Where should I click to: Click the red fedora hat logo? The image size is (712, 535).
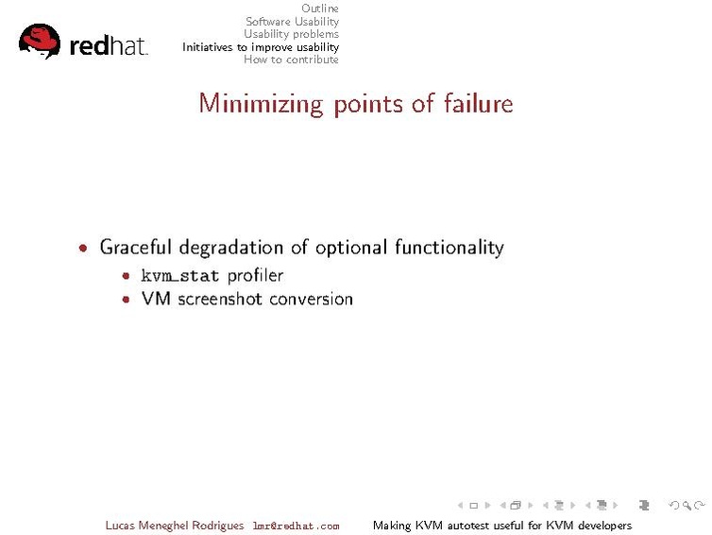(40, 41)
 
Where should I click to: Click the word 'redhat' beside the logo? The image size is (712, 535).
(109, 45)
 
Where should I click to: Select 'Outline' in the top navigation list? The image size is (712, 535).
(320, 9)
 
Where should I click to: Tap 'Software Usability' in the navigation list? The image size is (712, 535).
(292, 22)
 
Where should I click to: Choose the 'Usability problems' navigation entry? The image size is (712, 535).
(291, 34)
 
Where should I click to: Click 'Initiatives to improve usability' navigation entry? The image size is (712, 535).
(261, 47)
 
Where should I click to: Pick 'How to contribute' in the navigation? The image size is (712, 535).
(291, 60)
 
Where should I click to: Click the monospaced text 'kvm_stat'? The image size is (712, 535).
(180, 276)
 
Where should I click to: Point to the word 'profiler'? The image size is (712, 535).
(255, 276)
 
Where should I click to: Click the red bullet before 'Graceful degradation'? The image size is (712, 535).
(86, 249)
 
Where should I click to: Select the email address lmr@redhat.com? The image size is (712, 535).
(296, 526)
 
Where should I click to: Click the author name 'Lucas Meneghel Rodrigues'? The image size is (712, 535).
(175, 526)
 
